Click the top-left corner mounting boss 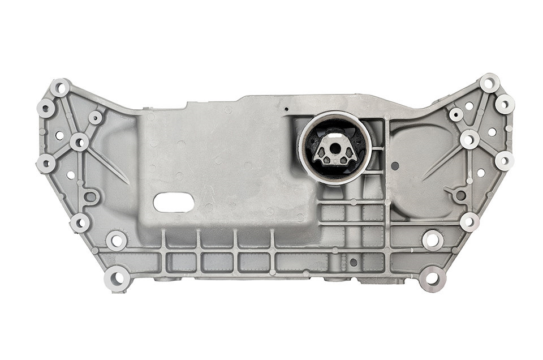tap(59, 88)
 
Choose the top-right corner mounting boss tap(490, 83)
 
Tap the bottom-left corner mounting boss tap(117, 278)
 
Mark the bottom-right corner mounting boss tap(433, 278)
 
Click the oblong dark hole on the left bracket tap(90, 196)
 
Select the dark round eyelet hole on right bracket tap(460, 195)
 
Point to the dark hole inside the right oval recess tap(395, 166)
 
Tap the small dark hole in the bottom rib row tap(354, 262)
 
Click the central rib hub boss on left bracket tap(80, 142)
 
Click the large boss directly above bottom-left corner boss tap(117, 240)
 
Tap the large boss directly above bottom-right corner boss tap(432, 240)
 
